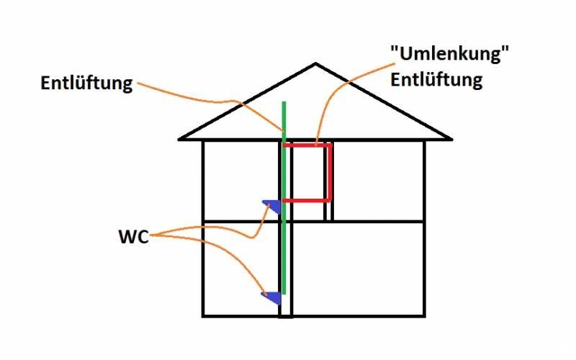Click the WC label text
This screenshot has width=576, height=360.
point(134,237)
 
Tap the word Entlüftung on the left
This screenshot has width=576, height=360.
point(86,84)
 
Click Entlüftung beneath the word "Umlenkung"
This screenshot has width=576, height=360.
point(436,79)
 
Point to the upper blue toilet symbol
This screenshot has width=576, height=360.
point(271,206)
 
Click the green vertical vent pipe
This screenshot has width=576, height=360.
point(284,238)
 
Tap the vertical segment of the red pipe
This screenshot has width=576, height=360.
point(330,173)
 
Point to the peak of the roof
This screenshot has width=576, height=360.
point(315,65)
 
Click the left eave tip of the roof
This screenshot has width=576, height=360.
point(180,138)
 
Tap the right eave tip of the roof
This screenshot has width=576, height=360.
point(451,138)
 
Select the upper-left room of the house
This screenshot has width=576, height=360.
point(240,180)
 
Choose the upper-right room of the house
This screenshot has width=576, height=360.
point(377,180)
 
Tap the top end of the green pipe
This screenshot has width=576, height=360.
point(284,103)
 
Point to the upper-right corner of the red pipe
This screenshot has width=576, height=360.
point(330,145)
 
